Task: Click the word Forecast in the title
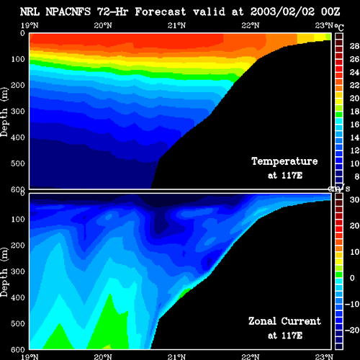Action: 161,12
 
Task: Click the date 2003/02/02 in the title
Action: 282,12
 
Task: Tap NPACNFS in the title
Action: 68,12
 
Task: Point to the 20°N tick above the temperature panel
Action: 103,25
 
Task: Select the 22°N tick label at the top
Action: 251,25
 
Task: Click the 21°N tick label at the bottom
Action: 176,356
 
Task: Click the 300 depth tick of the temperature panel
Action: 18,111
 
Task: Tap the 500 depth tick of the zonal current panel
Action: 18,323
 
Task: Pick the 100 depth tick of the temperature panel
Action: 18,59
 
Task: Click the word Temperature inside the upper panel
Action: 284,161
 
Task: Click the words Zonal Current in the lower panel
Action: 284,321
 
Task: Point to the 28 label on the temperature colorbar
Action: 354,46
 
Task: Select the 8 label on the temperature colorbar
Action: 357,176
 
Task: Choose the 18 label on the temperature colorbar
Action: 354,112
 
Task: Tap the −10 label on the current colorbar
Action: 352,304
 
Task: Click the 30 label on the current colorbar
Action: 354,199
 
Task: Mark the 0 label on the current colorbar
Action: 352,278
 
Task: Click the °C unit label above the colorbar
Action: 339,27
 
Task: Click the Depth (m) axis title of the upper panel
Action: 4,112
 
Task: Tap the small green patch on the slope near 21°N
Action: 184,293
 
